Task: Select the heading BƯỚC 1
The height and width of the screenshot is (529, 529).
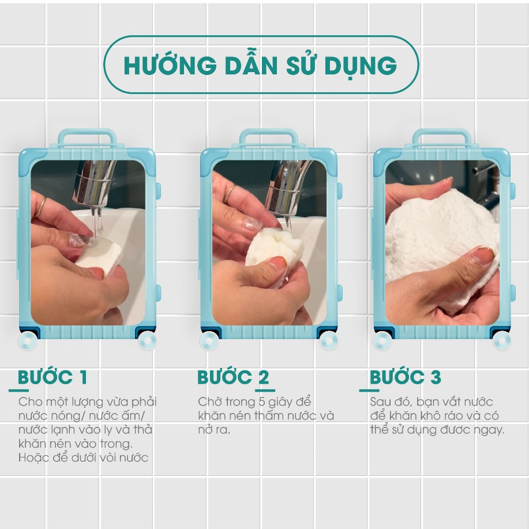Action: (x=52, y=377)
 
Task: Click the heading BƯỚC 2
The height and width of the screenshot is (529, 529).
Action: (x=233, y=377)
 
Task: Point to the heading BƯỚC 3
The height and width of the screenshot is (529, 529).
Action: (x=406, y=377)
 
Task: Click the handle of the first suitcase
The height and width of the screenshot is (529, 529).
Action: (x=87, y=137)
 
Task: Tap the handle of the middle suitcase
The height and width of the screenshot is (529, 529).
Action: (x=269, y=137)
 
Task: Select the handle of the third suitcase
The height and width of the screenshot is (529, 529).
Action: (x=442, y=137)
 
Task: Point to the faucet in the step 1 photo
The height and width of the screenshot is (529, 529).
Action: (x=93, y=184)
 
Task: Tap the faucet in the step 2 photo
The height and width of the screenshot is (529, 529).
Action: (x=287, y=189)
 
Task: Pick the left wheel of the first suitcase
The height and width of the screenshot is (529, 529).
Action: (x=28, y=340)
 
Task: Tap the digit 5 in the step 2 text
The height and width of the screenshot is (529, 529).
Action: (x=262, y=402)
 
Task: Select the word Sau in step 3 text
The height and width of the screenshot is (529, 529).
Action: (x=381, y=402)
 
